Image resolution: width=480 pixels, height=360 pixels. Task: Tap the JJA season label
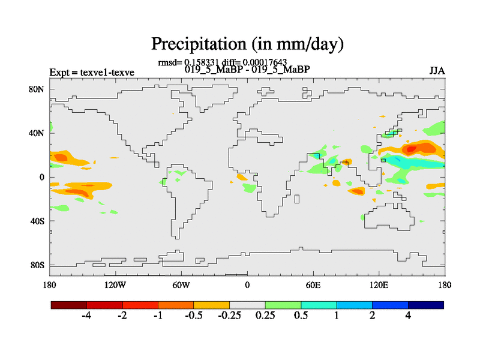[437, 71]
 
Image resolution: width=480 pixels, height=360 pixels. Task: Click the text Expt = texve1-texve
[92, 73]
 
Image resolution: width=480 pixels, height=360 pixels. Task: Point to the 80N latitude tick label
[37, 89]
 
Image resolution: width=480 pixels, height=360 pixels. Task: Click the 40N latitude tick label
[37, 133]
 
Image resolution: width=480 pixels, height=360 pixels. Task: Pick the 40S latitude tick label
[37, 221]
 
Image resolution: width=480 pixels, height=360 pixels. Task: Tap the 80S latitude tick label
[37, 265]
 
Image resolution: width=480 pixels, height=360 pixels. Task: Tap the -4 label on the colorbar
[86, 316]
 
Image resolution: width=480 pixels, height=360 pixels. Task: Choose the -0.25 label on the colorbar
[229, 316]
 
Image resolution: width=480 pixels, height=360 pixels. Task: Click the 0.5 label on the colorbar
[301, 316]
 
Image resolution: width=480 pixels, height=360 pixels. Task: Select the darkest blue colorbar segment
[426, 305]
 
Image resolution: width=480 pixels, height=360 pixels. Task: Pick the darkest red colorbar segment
[69, 305]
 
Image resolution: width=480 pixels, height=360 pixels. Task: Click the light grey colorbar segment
[247, 305]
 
